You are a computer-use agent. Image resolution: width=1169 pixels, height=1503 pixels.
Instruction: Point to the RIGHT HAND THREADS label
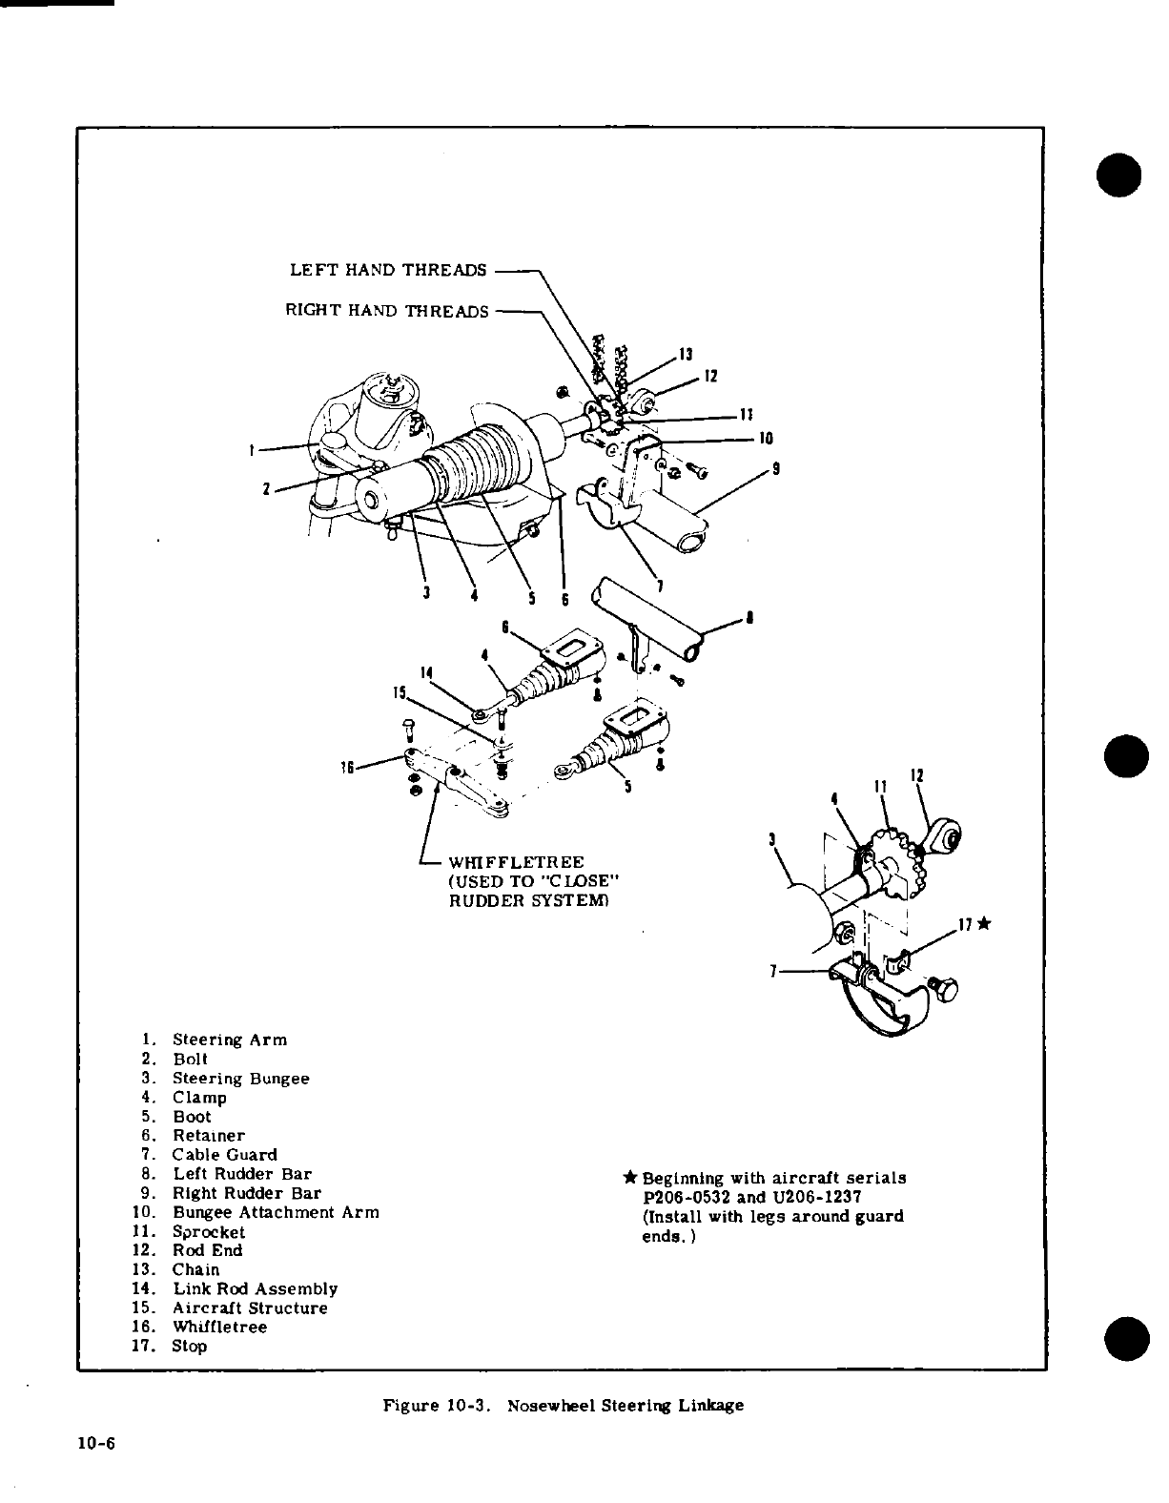(x=387, y=311)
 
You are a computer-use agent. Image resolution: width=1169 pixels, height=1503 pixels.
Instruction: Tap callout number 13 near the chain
(x=684, y=355)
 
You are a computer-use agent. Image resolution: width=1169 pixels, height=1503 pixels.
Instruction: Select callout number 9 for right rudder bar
(x=778, y=469)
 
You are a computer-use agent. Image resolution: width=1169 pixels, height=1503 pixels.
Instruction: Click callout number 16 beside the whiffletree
(x=346, y=767)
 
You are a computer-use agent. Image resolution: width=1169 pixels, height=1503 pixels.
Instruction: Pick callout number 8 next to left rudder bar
(x=752, y=617)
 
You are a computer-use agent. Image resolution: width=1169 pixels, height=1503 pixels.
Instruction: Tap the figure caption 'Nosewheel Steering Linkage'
(x=625, y=1405)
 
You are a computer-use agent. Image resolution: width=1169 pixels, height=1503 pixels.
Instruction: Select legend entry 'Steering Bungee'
(x=240, y=1079)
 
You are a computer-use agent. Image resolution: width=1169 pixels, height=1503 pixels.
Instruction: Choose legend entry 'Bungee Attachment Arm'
(x=276, y=1212)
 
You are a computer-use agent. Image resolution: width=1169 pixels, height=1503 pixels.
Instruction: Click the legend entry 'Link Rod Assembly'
(x=255, y=1288)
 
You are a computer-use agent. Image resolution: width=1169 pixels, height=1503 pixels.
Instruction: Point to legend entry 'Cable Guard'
(x=224, y=1155)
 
